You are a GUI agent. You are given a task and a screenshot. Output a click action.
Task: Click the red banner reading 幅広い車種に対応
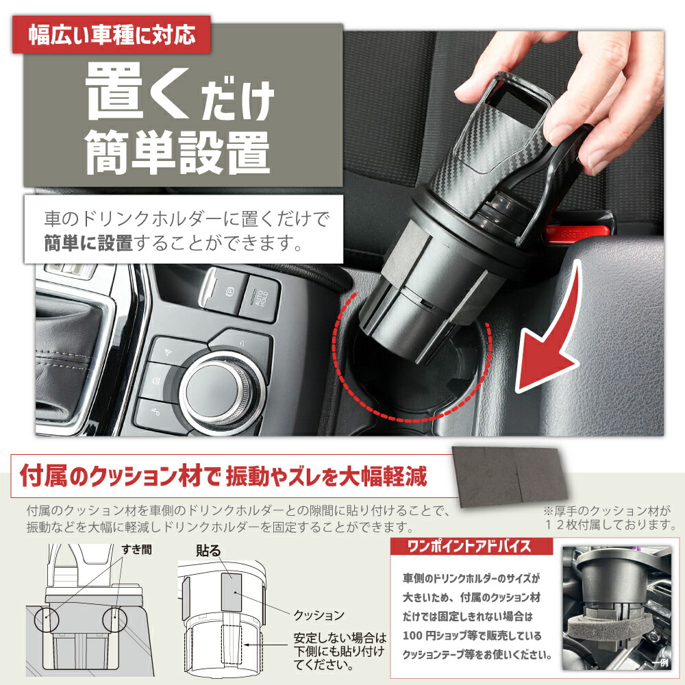coord(112,34)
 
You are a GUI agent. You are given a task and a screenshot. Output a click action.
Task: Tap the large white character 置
coord(114,91)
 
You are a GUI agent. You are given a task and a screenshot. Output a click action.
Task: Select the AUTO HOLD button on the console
coord(260,299)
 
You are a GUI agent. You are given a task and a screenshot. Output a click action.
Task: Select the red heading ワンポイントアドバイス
coord(469,546)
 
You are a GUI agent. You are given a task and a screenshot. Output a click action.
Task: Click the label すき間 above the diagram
coord(137,549)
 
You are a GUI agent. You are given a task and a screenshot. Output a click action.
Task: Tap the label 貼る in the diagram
coord(208,551)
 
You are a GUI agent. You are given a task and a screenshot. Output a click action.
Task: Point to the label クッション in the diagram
coord(319,615)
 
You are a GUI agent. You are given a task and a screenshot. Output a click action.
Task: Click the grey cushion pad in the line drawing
coord(232,592)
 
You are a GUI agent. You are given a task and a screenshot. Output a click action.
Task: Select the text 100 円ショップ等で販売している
coord(472,636)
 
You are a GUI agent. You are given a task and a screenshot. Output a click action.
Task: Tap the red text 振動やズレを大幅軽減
coord(326,476)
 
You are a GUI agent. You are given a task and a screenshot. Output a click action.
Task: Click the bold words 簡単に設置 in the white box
coord(88,243)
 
